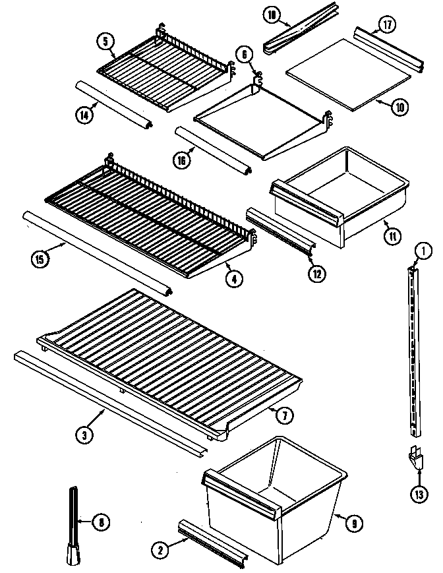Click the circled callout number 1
click(424, 251)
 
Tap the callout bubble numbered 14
click(83, 113)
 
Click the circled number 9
click(354, 524)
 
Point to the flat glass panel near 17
click(347, 73)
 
